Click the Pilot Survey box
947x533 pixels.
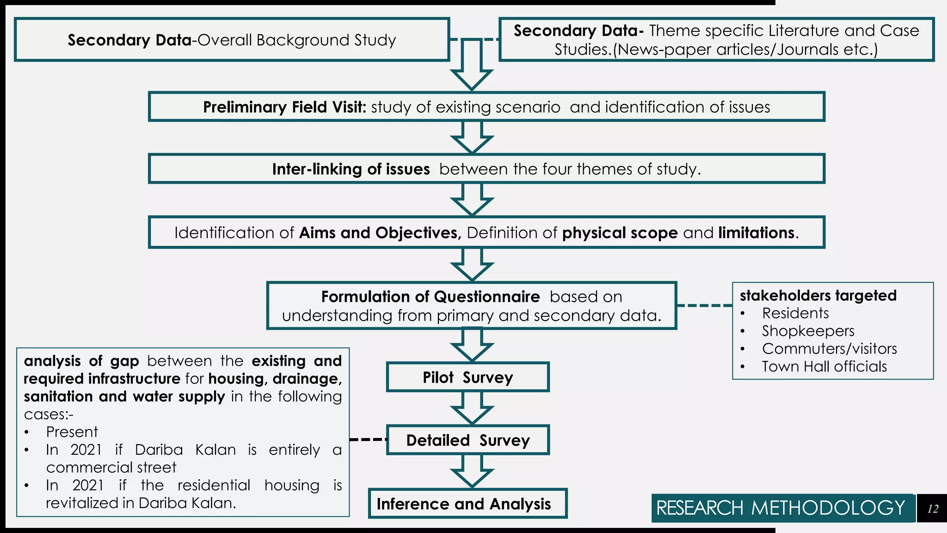[x=467, y=377]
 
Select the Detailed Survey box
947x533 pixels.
[x=467, y=440]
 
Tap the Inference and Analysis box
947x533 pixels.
[x=467, y=503]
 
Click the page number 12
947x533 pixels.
[x=932, y=509]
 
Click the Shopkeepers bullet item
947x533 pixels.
[x=808, y=331]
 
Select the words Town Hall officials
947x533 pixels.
[x=824, y=366]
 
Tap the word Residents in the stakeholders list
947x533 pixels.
[x=795, y=313]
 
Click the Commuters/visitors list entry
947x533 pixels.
[x=829, y=348]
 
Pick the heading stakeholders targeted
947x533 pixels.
[x=818, y=295]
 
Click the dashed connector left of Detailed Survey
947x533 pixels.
[x=368, y=439]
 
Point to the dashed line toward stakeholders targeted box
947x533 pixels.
[x=704, y=305]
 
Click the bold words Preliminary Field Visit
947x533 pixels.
[x=284, y=107]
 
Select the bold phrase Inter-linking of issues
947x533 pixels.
[x=351, y=169]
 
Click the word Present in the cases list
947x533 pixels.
[x=72, y=432]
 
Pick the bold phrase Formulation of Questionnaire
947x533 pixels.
[x=430, y=297]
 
